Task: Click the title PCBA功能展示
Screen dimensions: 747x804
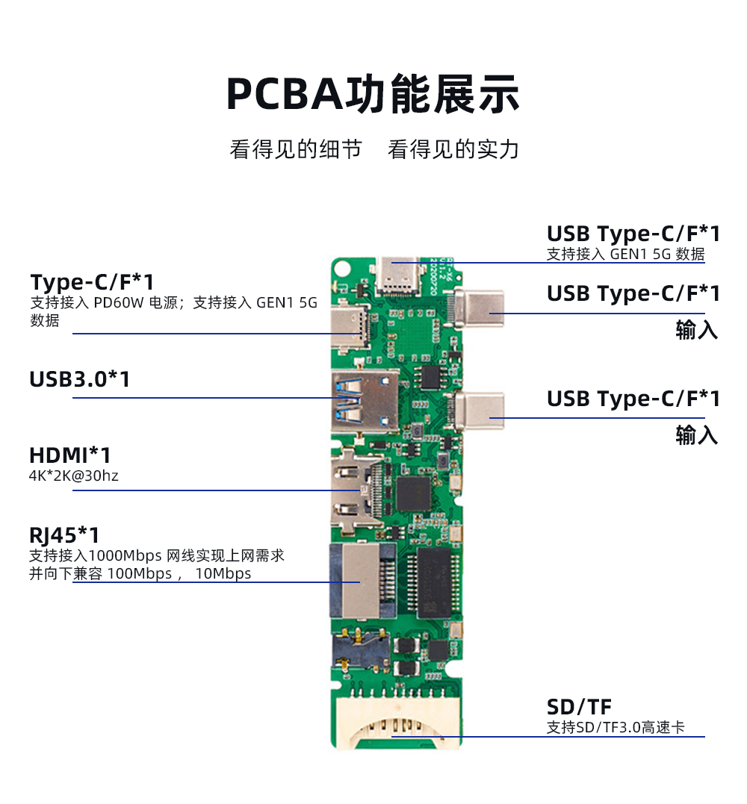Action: coord(373,93)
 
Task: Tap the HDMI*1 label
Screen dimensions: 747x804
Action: coord(69,455)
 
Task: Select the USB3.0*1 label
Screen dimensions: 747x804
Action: coord(79,379)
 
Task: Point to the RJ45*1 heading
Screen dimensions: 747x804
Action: coord(64,535)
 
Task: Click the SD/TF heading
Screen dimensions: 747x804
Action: coord(579,707)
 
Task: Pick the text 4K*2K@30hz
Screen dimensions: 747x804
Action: coord(73,476)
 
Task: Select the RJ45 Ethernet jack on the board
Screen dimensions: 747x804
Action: coord(362,581)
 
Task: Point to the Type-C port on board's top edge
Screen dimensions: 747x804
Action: coord(398,277)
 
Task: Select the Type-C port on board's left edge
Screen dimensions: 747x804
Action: coord(350,327)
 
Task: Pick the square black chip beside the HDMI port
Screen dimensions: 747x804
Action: coord(413,493)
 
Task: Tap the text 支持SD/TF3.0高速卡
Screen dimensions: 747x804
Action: coord(616,727)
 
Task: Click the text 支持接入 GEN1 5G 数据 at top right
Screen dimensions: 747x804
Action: coord(625,254)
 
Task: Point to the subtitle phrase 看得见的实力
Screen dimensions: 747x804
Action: coord(453,149)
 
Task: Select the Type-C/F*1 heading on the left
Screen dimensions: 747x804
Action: coord(92,282)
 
